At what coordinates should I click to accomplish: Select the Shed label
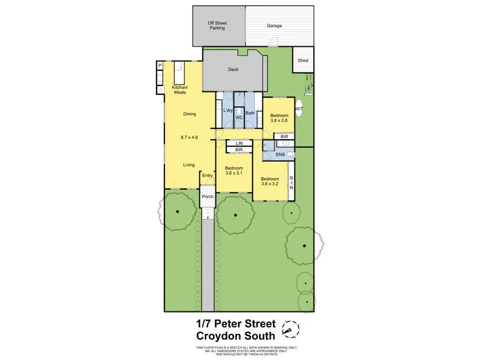point(303,60)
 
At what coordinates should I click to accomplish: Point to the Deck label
point(233,70)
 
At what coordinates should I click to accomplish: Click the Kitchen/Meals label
point(179,90)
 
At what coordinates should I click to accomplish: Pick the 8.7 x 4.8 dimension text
point(189,137)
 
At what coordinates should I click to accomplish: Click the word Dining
point(190,113)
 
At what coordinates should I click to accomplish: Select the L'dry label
point(228,111)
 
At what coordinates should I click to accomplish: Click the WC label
point(238,117)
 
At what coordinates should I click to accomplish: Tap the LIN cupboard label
point(239,143)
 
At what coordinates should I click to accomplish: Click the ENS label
point(280,155)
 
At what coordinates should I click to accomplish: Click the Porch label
point(208,196)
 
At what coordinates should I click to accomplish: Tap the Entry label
point(207,175)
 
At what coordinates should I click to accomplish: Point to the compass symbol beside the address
point(293,328)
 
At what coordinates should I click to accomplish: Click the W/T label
point(299,109)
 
